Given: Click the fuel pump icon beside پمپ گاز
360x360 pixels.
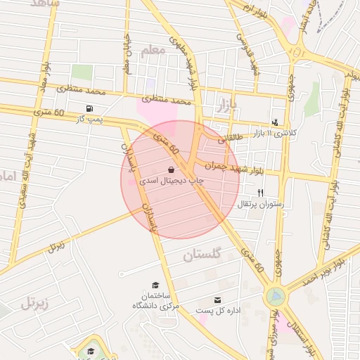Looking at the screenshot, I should tap(89, 108).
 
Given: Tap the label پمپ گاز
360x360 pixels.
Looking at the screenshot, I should tap(89, 120).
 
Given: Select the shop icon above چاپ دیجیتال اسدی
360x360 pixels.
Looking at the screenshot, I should tap(172, 169).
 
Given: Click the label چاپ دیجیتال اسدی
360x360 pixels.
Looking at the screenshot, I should tap(172, 181).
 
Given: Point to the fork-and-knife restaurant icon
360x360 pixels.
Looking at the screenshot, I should tap(261, 193).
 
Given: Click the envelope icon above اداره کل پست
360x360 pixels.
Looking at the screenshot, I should tap(217, 300).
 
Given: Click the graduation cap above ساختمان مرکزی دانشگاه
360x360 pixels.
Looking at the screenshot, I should tap(155, 285).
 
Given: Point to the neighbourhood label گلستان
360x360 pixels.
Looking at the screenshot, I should tap(202, 255).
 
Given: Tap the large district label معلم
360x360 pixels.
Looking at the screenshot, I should tap(153, 51).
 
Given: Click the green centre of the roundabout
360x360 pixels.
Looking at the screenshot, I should tap(275, 297).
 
